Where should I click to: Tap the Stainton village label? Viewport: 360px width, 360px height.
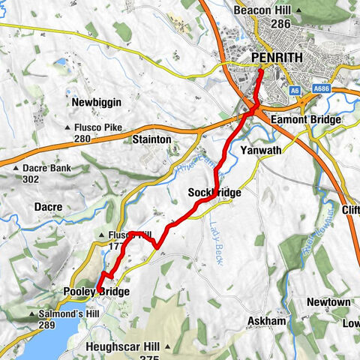point(151,139)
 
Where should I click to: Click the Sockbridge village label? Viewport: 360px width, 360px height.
point(214,193)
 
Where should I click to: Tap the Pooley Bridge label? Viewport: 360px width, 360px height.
point(101,292)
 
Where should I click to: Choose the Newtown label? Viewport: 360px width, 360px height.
point(328,301)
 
